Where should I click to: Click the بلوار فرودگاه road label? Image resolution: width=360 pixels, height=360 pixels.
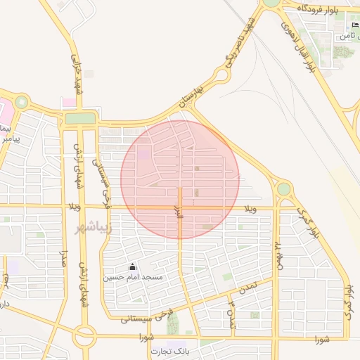(x=323, y=7)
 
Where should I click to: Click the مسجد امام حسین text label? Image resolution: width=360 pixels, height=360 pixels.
(x=134, y=278)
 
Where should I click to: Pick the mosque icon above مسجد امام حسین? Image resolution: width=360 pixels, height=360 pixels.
(x=133, y=267)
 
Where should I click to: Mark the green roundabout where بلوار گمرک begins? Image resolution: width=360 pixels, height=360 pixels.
(x=283, y=188)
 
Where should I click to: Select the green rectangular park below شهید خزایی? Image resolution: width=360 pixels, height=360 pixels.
(x=80, y=118)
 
